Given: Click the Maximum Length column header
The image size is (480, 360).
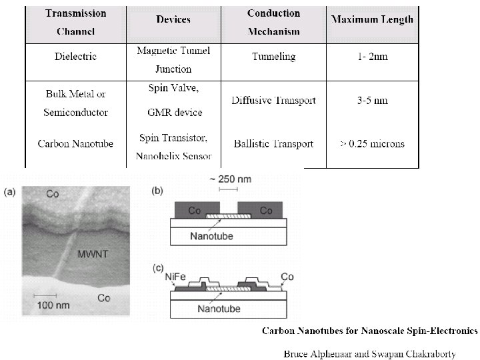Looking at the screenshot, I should [x=372, y=19].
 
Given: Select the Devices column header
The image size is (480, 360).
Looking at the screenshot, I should [x=173, y=19].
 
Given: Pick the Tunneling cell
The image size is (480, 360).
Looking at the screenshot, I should [x=274, y=57].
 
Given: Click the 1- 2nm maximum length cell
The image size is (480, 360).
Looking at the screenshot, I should [x=371, y=57].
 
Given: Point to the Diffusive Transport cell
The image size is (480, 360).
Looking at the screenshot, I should [x=274, y=101].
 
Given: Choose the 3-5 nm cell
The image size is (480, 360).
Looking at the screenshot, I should [x=371, y=101].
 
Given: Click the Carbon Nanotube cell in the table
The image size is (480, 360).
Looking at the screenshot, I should [x=75, y=143].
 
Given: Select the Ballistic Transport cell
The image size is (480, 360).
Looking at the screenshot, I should [x=274, y=143].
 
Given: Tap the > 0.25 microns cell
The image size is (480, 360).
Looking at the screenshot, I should [x=371, y=143].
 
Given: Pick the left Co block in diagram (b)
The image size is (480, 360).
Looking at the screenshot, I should [x=195, y=211].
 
